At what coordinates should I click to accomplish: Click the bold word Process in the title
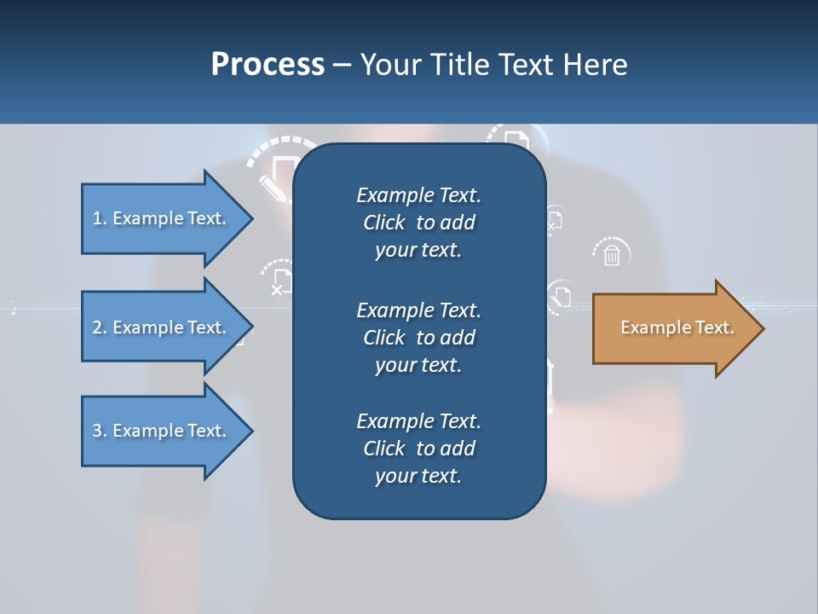click(268, 65)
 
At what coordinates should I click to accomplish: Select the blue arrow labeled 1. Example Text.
click(162, 218)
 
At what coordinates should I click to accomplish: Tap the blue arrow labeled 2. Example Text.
click(162, 327)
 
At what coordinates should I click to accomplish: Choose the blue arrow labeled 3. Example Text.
click(162, 431)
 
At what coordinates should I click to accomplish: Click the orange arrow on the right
click(673, 328)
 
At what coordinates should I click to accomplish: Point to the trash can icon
click(611, 254)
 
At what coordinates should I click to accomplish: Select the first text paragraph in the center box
click(418, 223)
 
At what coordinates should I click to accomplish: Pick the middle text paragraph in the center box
click(418, 338)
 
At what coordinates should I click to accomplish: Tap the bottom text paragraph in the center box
click(418, 449)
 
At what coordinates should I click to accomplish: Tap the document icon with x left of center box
click(279, 281)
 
